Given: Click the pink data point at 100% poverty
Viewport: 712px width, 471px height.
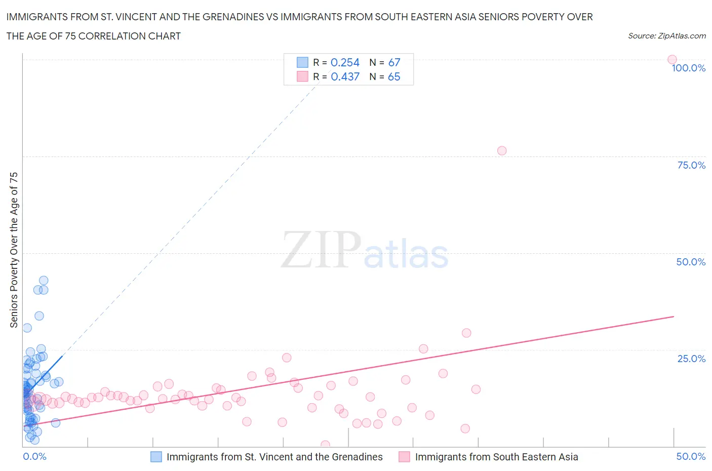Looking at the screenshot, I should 672,59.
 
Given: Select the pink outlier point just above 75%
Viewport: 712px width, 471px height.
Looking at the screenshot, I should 502,150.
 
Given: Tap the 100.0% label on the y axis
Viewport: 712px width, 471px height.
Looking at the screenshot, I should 688,68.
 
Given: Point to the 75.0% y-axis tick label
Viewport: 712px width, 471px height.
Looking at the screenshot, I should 691,165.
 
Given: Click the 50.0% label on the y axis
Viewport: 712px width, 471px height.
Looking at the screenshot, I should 691,262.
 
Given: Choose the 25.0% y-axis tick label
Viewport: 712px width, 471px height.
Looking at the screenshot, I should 691,359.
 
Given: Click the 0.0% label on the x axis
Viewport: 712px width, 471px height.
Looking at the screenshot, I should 34,456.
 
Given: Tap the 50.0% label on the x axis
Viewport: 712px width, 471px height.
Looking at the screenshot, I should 691,456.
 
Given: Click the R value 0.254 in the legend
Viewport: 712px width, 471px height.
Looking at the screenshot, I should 345,62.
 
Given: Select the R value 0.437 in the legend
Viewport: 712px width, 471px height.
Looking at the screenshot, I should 345,76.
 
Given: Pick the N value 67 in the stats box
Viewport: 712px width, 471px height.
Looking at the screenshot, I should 394,62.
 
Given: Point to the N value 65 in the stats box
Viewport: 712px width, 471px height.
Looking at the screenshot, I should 394,76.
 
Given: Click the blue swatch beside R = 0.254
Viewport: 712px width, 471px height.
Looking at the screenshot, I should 302,62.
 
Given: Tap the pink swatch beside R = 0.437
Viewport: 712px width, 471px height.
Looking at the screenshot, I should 302,76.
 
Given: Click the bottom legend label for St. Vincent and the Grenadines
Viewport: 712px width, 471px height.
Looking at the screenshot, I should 274,457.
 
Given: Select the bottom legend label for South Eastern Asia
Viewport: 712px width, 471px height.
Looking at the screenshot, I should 496,457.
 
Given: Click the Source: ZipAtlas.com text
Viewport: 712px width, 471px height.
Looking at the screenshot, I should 666,35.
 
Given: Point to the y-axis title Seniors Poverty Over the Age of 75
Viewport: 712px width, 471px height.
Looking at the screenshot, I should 14,250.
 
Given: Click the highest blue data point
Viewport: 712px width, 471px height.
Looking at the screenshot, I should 44,281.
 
